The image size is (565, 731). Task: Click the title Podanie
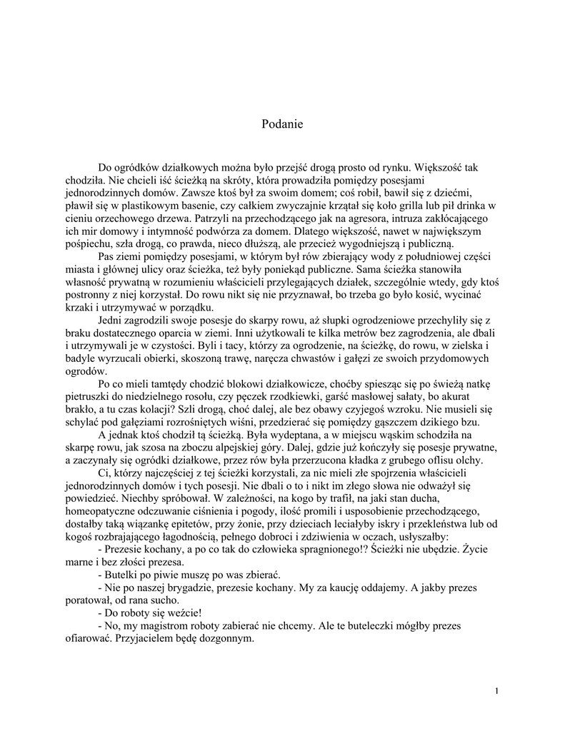click(x=282, y=124)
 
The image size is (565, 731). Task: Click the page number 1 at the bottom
click(x=495, y=691)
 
